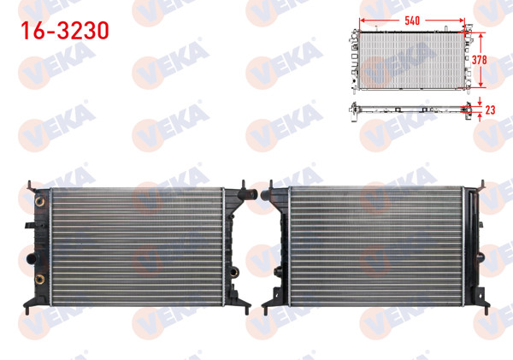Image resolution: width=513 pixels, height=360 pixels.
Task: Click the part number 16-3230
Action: click(x=65, y=31)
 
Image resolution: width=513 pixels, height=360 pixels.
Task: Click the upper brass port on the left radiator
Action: click(x=38, y=203)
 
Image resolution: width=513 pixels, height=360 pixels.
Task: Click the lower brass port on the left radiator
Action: click(x=38, y=280)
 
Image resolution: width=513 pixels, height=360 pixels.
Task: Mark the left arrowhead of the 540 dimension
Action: click(x=364, y=20)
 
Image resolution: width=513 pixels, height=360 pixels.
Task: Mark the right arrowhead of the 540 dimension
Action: click(x=464, y=20)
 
